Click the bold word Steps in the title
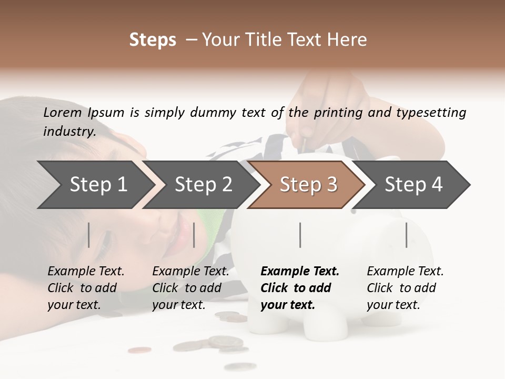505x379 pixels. coord(153,40)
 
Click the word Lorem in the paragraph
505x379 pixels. coord(62,112)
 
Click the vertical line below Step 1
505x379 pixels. coord(89,235)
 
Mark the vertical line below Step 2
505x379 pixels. coord(194,235)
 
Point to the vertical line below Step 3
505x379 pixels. coord(300,235)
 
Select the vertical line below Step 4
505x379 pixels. coord(406,235)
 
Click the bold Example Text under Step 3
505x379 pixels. coord(300,272)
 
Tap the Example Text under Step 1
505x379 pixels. coord(86,272)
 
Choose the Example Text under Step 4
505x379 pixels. coord(405,272)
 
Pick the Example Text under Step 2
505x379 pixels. coord(190,272)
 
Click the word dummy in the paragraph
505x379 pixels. coord(217,112)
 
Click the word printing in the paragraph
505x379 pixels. coord(336,112)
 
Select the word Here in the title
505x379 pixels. coord(349,40)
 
